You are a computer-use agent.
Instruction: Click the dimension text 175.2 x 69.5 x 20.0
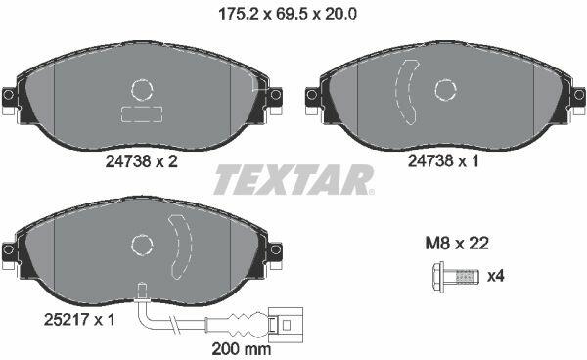point(287,15)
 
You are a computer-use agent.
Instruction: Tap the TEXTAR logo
point(293,180)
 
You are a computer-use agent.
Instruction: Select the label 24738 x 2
point(142,161)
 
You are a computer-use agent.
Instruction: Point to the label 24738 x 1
point(443,161)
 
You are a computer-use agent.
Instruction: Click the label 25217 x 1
point(79,320)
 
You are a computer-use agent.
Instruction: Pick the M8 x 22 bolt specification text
point(457,244)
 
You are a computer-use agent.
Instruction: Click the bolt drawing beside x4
point(455,277)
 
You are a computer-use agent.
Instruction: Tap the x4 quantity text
point(495,277)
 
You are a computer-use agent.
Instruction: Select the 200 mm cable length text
point(242,349)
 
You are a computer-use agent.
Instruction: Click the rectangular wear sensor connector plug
point(286,324)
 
